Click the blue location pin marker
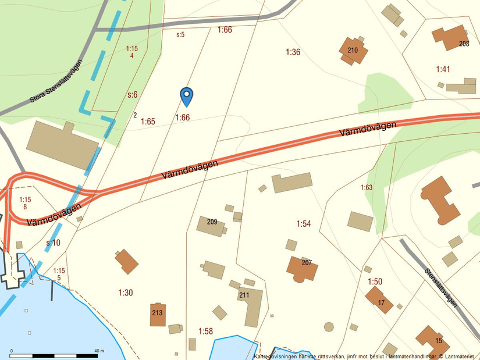[186, 96]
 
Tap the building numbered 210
[353, 51]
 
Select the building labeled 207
[303, 268]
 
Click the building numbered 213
[158, 314]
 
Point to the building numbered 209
[211, 225]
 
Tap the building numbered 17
[379, 300]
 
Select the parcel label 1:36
[293, 52]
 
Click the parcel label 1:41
[443, 69]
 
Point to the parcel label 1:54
[304, 224]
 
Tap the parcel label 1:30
[126, 293]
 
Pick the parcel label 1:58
[205, 331]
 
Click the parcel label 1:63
[366, 187]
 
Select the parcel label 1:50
[375, 281]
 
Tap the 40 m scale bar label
[98, 351]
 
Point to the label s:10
[53, 243]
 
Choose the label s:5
[180, 35]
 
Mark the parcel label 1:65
[148, 122]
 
